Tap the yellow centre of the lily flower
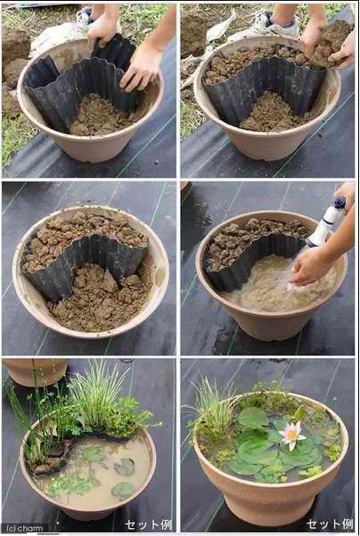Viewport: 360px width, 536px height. (x=292, y=434)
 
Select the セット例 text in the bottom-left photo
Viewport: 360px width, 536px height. (x=148, y=524)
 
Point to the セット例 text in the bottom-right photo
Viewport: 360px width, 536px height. (x=329, y=524)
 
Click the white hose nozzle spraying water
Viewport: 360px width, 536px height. (x=326, y=223)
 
